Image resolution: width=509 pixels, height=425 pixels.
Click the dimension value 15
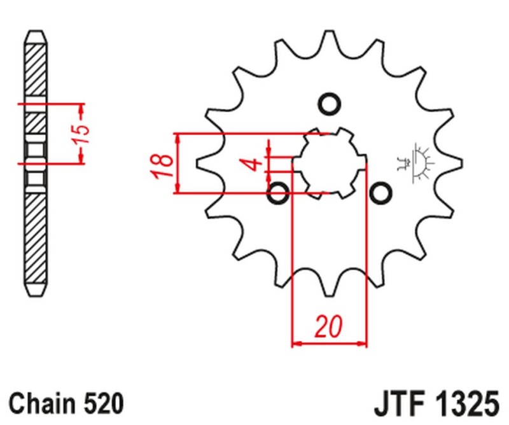pyautogui.click(x=83, y=133)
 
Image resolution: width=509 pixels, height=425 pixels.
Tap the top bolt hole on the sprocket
pyautogui.click(x=329, y=104)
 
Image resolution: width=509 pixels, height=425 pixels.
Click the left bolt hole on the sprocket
pyautogui.click(x=279, y=193)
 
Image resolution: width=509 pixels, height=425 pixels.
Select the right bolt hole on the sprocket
pyautogui.click(x=380, y=193)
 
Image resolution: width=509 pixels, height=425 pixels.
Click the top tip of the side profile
pyautogui.click(x=36, y=32)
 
